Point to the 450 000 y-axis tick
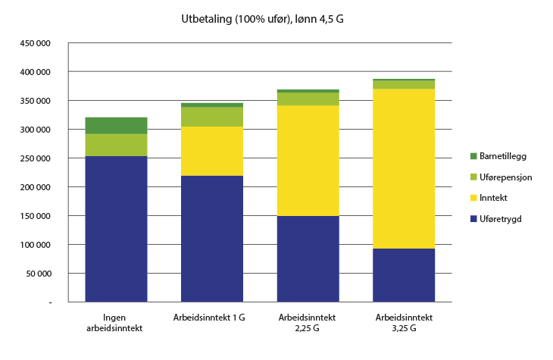tap(35, 43)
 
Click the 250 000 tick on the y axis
tap(35, 158)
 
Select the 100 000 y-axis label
tap(35, 245)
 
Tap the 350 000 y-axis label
tap(35, 101)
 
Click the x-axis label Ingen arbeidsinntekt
tap(117, 322)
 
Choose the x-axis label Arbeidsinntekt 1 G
tap(212, 317)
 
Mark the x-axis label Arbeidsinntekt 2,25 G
tap(308, 322)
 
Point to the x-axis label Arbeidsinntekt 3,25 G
tap(404, 322)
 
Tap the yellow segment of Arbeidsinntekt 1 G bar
tap(212, 151)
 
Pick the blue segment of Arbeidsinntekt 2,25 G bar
tap(308, 259)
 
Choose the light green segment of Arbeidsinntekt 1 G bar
tap(212, 117)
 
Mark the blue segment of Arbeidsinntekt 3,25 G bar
tap(404, 275)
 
